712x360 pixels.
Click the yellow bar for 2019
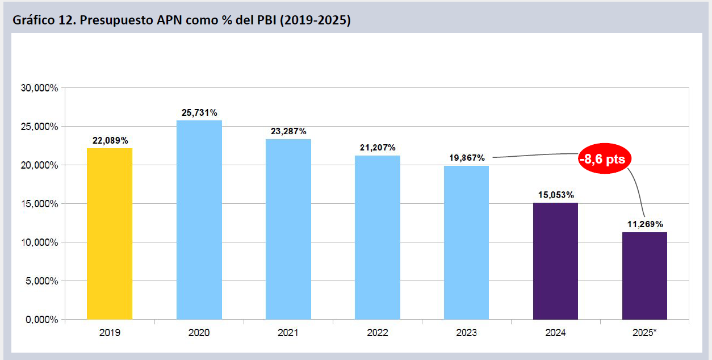[x=110, y=233]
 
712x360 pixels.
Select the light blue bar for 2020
[x=199, y=220]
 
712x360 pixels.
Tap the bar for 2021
[x=288, y=229]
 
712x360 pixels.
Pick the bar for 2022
[x=378, y=237]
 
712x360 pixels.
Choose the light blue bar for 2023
[x=467, y=242]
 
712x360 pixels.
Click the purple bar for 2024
[x=555, y=261]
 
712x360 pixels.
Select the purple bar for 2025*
[x=644, y=275]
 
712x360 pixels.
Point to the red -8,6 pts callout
[x=602, y=160]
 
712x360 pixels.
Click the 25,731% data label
[x=199, y=113]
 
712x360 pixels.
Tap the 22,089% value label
[x=110, y=140]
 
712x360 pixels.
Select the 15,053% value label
[x=555, y=195]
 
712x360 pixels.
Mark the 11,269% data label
[x=644, y=224]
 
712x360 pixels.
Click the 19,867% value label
[x=466, y=157]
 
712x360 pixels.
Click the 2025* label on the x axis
[x=644, y=333]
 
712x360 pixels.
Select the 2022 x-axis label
[x=378, y=333]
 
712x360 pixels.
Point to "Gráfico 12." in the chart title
[x=43, y=21]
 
